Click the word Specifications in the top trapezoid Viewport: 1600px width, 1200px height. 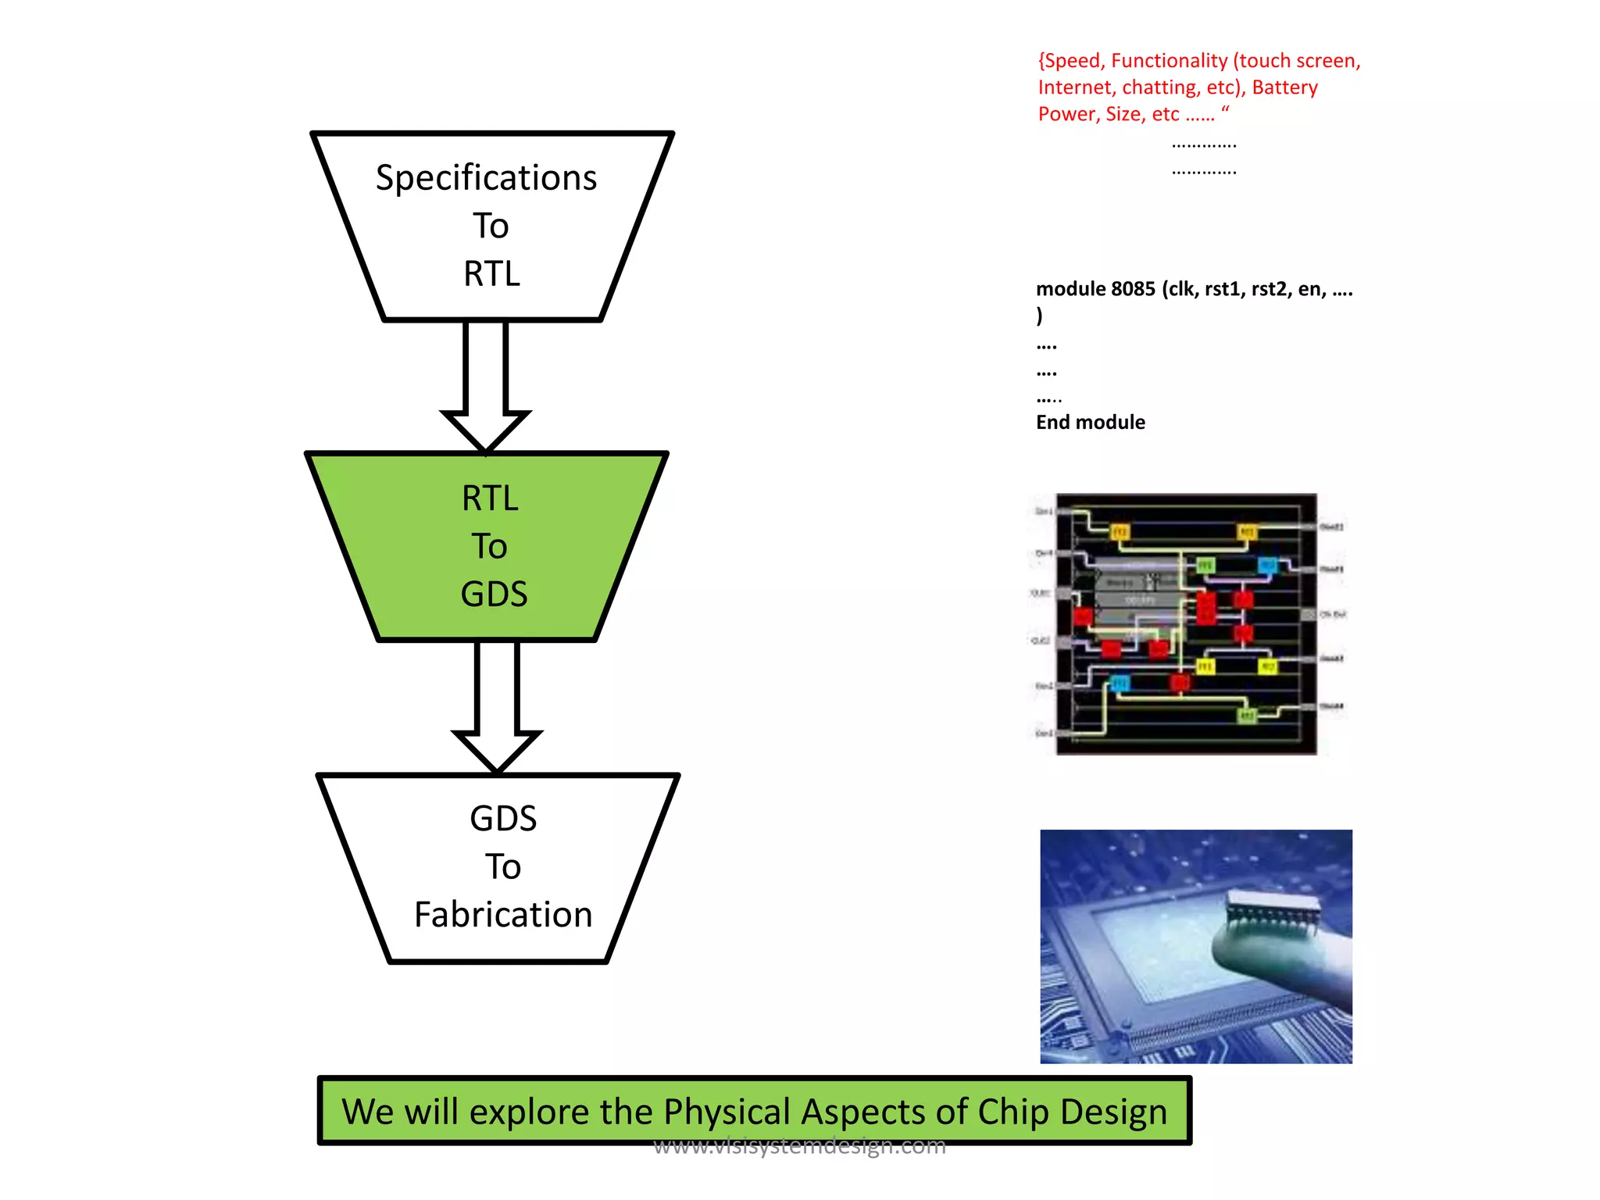click(486, 178)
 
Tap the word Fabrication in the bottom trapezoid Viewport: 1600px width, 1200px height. click(503, 915)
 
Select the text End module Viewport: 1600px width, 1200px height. click(1090, 423)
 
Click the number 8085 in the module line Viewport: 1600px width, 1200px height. click(1132, 290)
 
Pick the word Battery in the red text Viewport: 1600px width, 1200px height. click(1284, 87)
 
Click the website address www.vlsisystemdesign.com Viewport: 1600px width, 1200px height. click(799, 1147)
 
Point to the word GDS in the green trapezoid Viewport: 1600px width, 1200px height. click(494, 595)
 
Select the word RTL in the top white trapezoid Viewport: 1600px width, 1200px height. click(491, 274)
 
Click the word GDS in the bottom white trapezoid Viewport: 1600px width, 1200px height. click(503, 819)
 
